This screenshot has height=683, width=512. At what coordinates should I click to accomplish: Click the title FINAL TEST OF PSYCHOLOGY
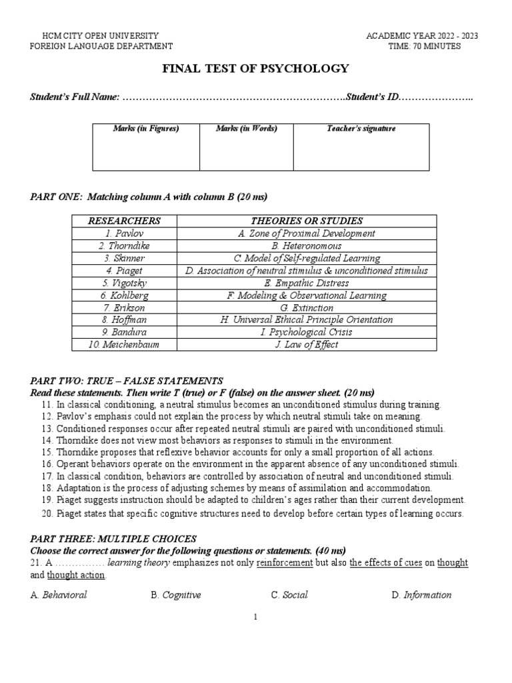255,68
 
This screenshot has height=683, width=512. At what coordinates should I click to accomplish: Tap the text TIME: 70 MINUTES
434,46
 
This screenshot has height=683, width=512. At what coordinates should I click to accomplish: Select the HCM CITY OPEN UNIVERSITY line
101,35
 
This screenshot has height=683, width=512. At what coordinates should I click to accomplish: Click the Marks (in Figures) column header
145,129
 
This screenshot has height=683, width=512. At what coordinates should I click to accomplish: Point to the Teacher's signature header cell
361,129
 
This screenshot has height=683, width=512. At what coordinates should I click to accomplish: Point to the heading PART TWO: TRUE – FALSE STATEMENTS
127,380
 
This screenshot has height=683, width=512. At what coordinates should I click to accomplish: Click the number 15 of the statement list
46,452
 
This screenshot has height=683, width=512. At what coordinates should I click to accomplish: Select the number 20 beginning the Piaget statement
46,514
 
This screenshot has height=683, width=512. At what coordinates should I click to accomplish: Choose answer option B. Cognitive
176,595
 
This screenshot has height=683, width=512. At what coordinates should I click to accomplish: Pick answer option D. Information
421,595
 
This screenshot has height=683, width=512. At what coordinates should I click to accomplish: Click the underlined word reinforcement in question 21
285,563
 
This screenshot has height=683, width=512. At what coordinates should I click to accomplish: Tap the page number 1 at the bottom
255,618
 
